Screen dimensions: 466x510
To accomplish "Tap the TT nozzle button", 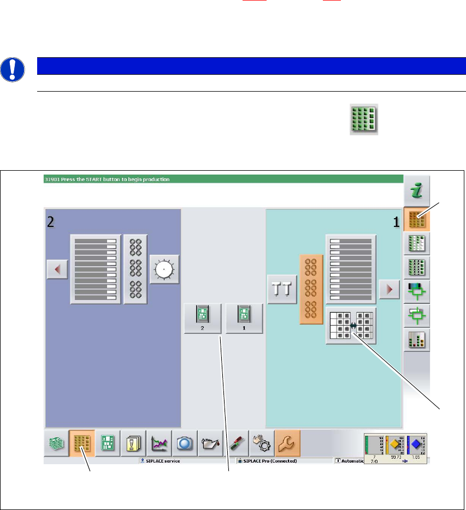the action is [282, 289].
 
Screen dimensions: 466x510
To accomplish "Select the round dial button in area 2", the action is [164, 269].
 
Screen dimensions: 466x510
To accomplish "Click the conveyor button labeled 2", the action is [203, 318].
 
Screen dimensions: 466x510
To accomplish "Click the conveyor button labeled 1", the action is [244, 318].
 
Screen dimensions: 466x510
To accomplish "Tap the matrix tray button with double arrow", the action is [351, 325].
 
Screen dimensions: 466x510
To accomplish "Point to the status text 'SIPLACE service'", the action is [161, 461].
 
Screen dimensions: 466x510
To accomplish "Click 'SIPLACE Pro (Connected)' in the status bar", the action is [270, 461].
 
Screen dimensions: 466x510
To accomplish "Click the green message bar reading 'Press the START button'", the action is [223, 178].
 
